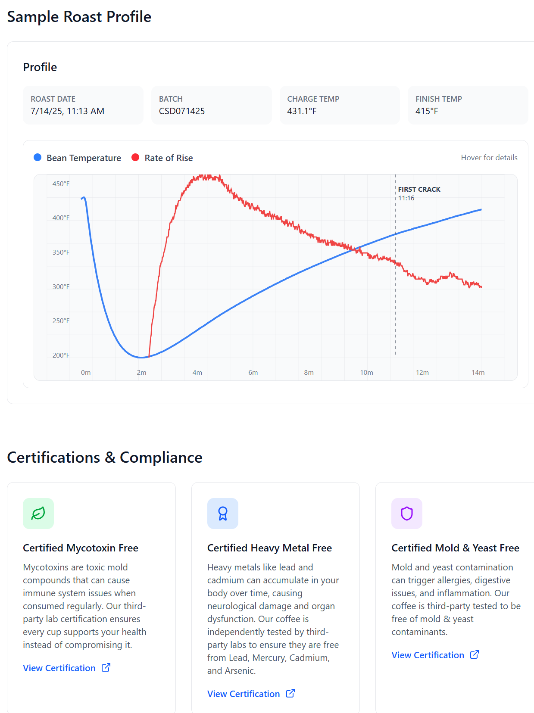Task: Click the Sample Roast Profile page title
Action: pos(79,17)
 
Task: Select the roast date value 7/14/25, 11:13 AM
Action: pos(67,111)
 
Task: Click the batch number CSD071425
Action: pos(181,111)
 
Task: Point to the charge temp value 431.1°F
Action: pos(302,111)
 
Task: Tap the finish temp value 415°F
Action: pos(426,111)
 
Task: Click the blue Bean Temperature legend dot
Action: pos(37,157)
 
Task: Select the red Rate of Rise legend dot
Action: pos(135,157)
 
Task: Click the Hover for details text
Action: pos(489,158)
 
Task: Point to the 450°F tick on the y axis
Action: pos(61,184)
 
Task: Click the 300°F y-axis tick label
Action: pos(61,287)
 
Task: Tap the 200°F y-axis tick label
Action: pos(61,355)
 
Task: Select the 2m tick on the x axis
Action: pos(141,373)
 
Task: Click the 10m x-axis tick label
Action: pos(366,373)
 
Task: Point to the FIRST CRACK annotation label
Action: pos(419,190)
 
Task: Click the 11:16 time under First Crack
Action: pos(406,198)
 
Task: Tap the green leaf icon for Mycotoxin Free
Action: pos(38,514)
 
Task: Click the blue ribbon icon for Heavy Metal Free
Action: pos(223,514)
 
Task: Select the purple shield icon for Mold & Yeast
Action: pos(407,514)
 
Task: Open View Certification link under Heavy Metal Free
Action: pos(250,694)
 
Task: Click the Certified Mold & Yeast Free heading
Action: pos(455,548)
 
